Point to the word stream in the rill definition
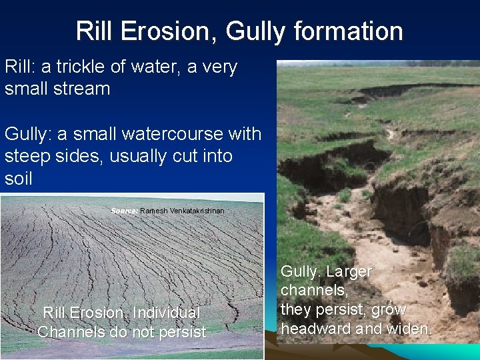coord(79,89)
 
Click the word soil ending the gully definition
coord(18,179)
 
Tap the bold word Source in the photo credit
coord(124,211)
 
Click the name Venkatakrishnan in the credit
coord(197,211)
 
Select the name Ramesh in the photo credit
coord(154,211)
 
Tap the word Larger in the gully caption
coord(349,272)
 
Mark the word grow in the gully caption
coord(389,310)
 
